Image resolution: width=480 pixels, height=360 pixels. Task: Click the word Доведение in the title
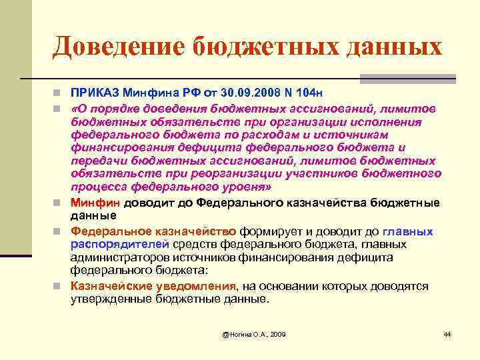coord(119,47)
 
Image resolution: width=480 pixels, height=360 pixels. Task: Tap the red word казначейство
coord(198,232)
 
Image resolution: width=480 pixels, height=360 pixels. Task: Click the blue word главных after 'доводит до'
coord(408,232)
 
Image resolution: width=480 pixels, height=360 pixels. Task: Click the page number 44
coord(447,333)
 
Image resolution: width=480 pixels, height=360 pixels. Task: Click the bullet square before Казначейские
coord(60,287)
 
